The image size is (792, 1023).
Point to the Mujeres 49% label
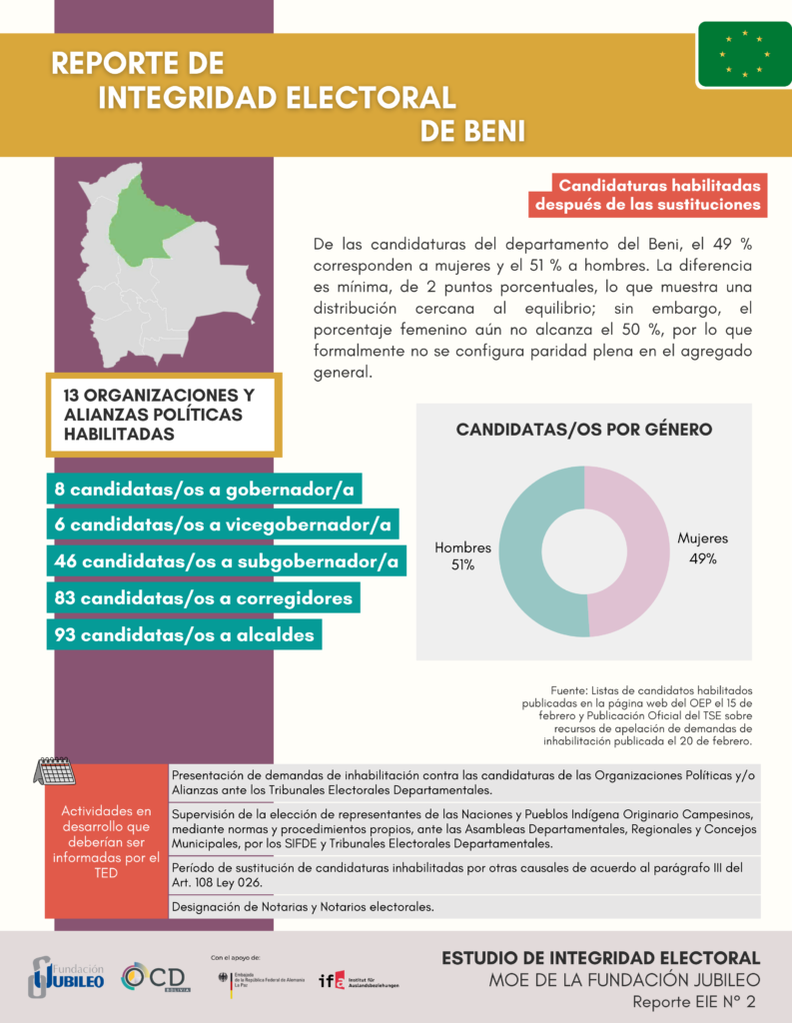(702, 548)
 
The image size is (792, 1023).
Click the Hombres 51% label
(462, 556)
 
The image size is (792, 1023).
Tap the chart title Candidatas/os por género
(583, 430)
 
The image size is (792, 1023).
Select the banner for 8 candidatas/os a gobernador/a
(203, 490)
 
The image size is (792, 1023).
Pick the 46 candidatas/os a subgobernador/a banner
(225, 561)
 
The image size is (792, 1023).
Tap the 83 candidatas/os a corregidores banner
(203, 597)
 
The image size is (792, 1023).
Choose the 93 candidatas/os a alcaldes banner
(184, 633)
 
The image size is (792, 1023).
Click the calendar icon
(54, 770)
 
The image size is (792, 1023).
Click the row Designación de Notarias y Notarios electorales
(464, 907)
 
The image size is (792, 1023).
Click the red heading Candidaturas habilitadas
(659, 186)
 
